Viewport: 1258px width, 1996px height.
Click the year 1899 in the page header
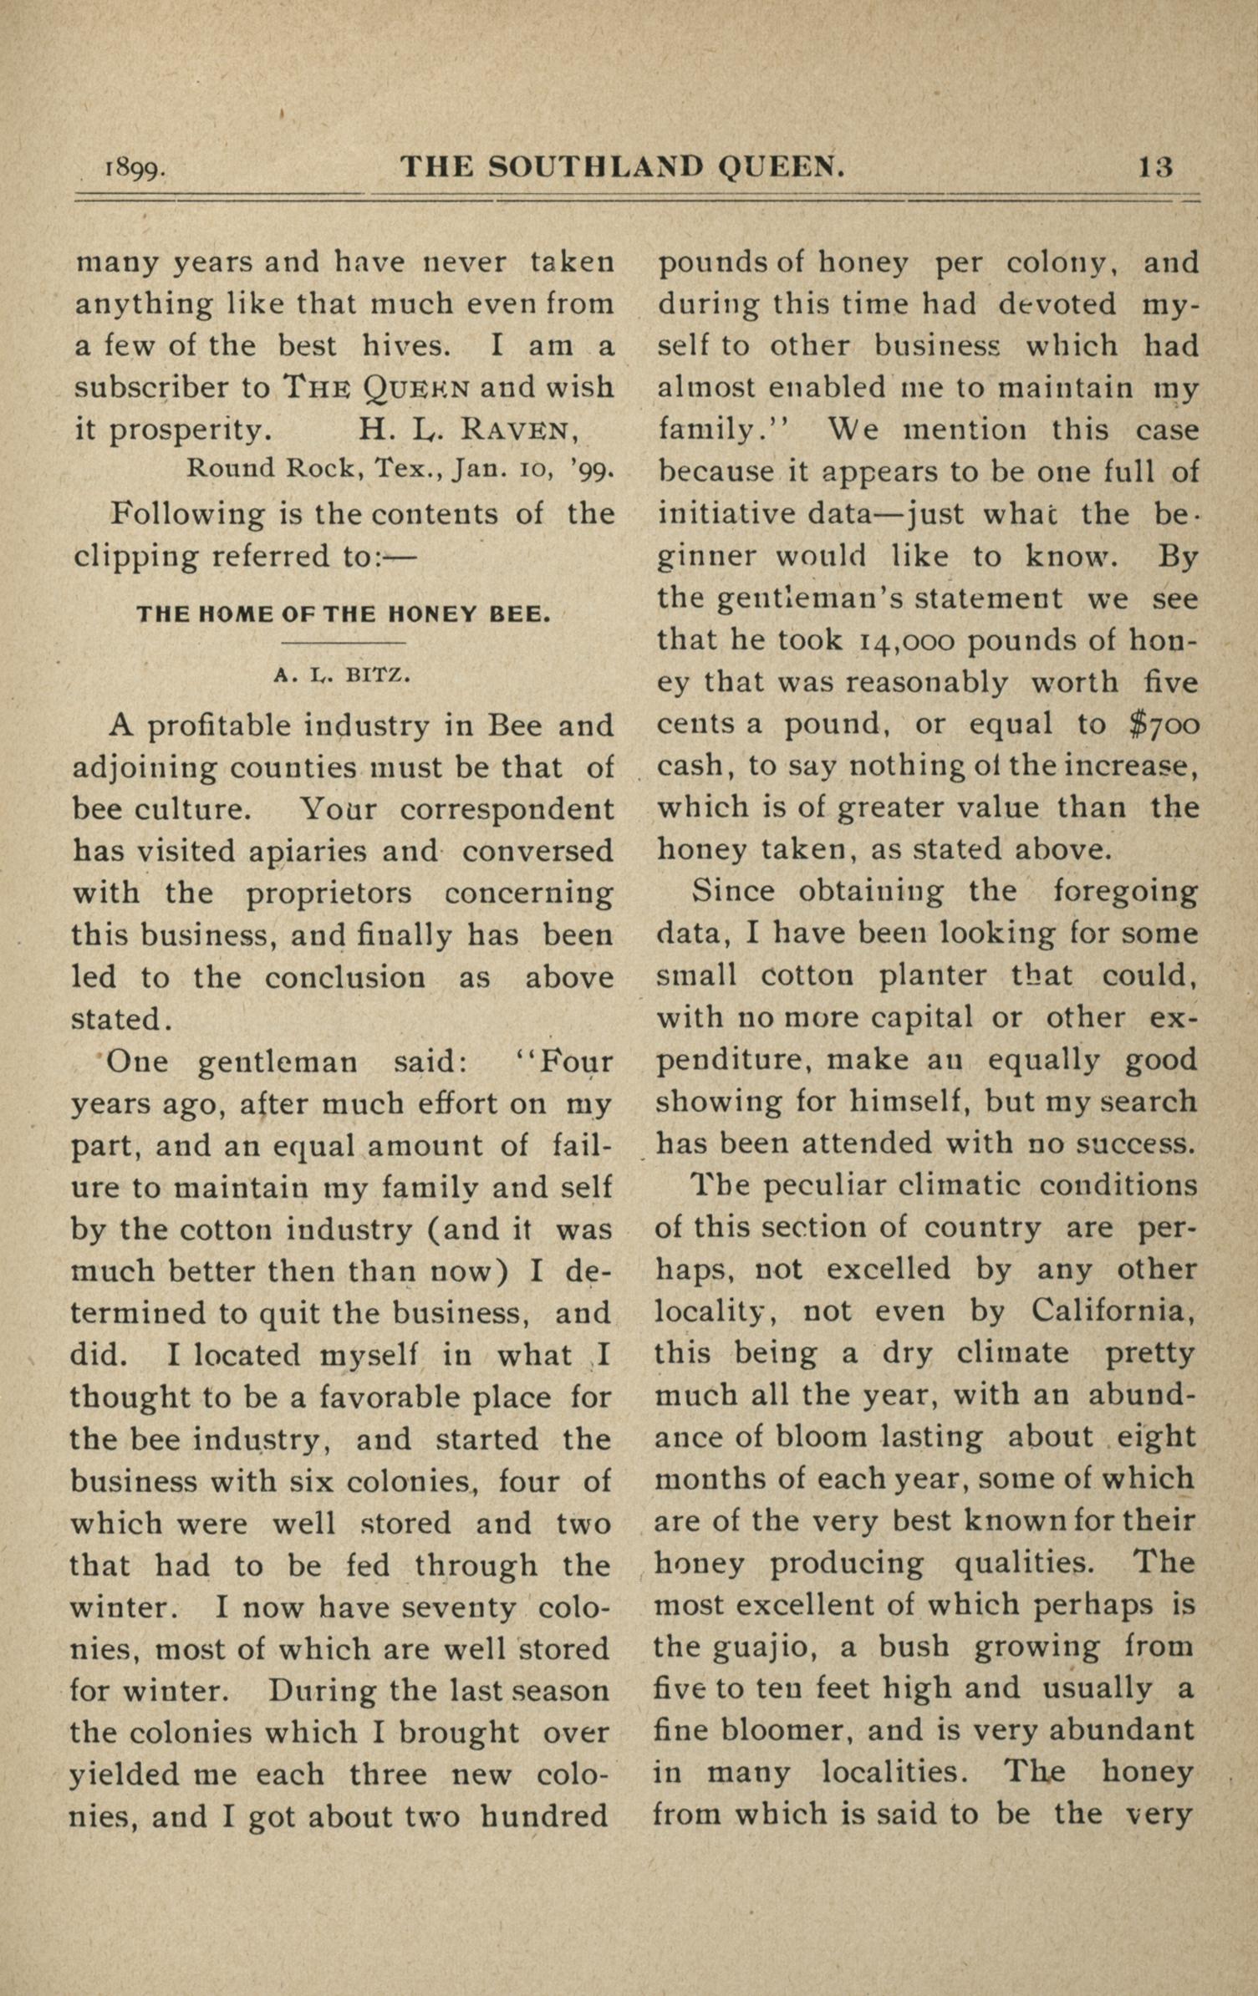(134, 170)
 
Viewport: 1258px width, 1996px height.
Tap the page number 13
(1155, 167)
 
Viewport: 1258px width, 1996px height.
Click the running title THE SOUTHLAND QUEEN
(623, 167)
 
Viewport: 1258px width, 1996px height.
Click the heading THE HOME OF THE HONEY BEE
(344, 615)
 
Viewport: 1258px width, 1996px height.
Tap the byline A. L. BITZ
(343, 675)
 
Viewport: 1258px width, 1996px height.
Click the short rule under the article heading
(343, 643)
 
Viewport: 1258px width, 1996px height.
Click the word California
(1113, 1310)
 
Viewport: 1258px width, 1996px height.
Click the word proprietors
(329, 893)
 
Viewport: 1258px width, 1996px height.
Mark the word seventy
(461, 1607)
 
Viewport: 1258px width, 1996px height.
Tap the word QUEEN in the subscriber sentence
(419, 389)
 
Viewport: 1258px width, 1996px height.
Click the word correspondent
(507, 809)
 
